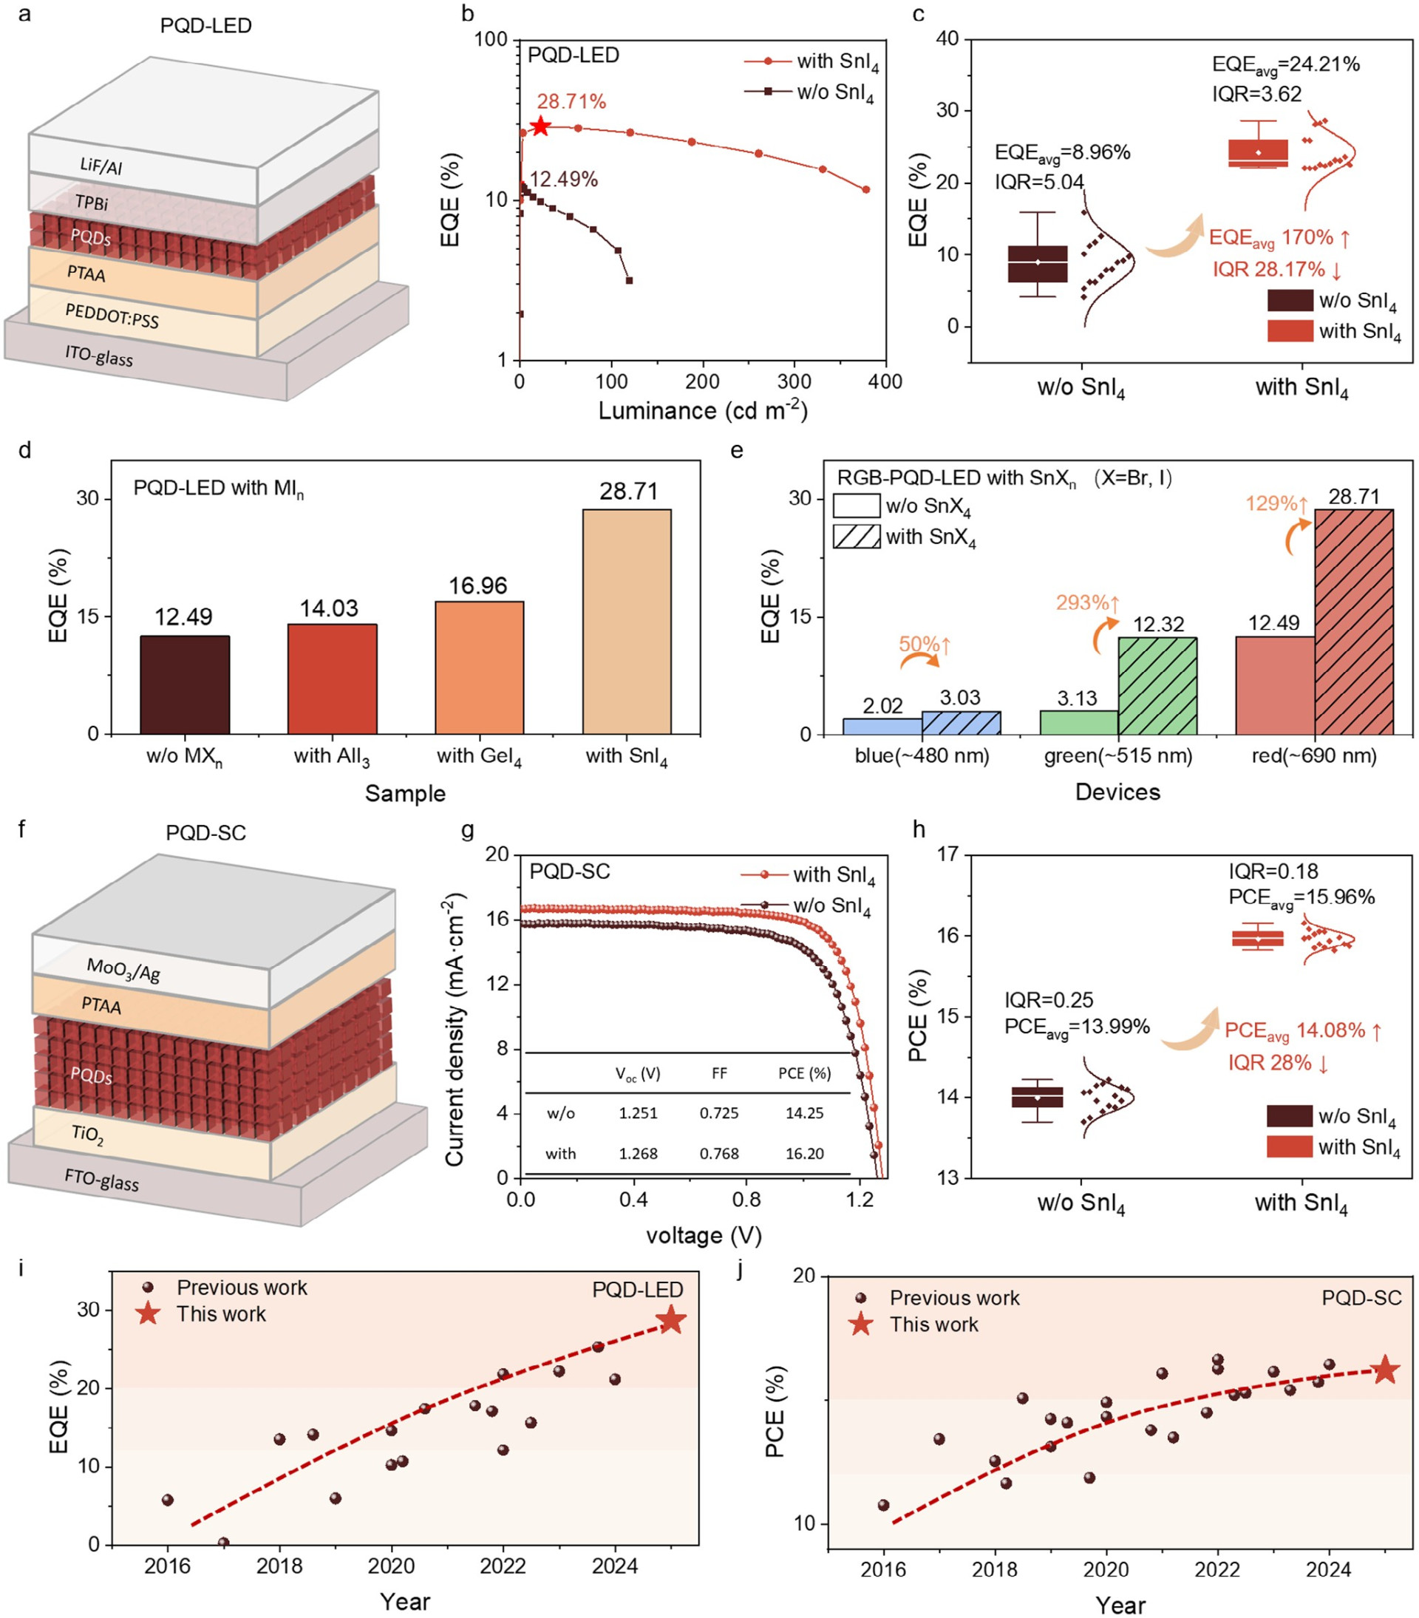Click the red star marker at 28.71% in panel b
click(x=540, y=126)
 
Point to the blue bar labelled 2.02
click(x=882, y=726)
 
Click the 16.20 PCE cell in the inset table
click(x=804, y=1153)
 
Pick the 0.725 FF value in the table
click(x=718, y=1113)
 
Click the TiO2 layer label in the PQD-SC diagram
click(x=88, y=1135)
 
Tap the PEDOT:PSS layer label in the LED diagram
click(x=112, y=316)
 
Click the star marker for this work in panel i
click(x=671, y=1320)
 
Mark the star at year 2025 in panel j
click(x=1384, y=1370)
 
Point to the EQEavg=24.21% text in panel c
click(x=1285, y=65)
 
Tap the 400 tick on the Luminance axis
click(x=885, y=381)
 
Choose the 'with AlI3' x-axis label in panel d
click(x=332, y=757)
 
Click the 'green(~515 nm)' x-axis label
click(x=1117, y=756)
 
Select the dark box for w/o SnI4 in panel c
click(x=1038, y=264)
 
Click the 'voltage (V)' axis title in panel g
click(x=704, y=1236)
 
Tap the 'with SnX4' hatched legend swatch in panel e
click(x=857, y=537)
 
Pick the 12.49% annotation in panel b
click(x=563, y=180)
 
